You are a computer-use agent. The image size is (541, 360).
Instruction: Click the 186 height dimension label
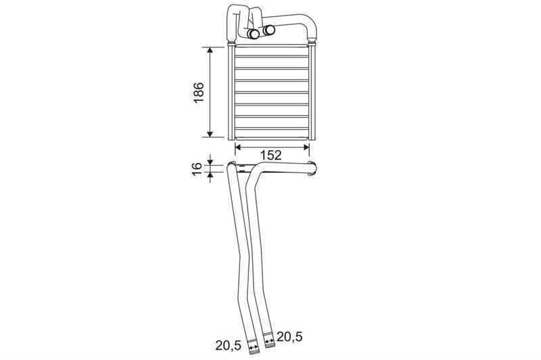pyautogui.click(x=199, y=93)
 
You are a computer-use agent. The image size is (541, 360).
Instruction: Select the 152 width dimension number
pyautogui.click(x=271, y=156)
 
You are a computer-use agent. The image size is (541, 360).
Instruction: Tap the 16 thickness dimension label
pyautogui.click(x=197, y=168)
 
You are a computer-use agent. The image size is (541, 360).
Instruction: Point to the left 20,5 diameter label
pyautogui.click(x=229, y=345)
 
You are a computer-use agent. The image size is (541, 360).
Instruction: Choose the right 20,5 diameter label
pyautogui.click(x=289, y=336)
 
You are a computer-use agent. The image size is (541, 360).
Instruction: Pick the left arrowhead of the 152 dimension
pyautogui.click(x=238, y=148)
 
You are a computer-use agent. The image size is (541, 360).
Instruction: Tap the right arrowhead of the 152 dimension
pyautogui.click(x=306, y=148)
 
